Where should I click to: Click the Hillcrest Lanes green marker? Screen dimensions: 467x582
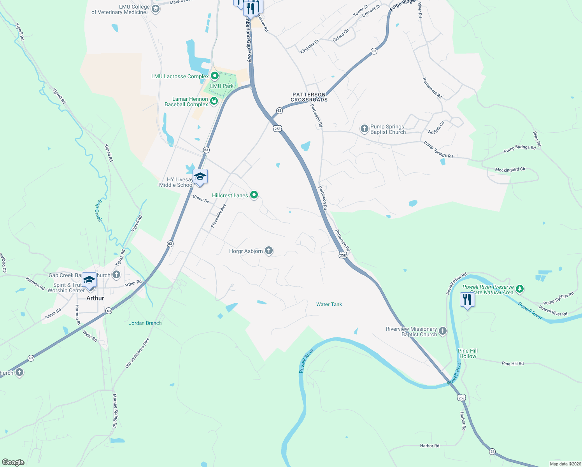click(254, 195)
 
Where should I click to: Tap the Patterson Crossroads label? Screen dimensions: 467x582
click(309, 97)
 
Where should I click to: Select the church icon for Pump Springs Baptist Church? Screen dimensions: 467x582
click(364, 128)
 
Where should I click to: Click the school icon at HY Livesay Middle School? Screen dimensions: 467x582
click(200, 177)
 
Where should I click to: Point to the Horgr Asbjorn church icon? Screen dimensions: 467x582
click(269, 251)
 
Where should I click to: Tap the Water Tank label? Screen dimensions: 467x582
click(329, 304)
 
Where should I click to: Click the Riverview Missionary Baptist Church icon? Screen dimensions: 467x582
click(443, 331)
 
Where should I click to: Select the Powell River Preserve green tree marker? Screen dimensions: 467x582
click(520, 289)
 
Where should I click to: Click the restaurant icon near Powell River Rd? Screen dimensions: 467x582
click(467, 300)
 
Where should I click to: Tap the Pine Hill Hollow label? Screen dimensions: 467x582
click(468, 353)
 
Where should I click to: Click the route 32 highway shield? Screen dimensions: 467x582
click(493, 451)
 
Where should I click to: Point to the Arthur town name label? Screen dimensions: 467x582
click(95, 298)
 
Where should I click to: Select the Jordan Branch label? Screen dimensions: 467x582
click(145, 323)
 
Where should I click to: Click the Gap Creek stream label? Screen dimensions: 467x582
click(99, 211)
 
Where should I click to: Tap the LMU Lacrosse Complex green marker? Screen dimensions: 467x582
click(214, 76)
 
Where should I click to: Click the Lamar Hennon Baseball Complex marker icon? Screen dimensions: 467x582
click(214, 102)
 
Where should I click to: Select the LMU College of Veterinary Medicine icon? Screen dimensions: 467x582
click(156, 9)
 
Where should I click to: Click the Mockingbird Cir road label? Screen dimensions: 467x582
click(510, 170)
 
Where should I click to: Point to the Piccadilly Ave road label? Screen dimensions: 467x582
click(218, 216)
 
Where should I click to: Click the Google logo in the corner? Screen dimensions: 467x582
click(13, 462)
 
